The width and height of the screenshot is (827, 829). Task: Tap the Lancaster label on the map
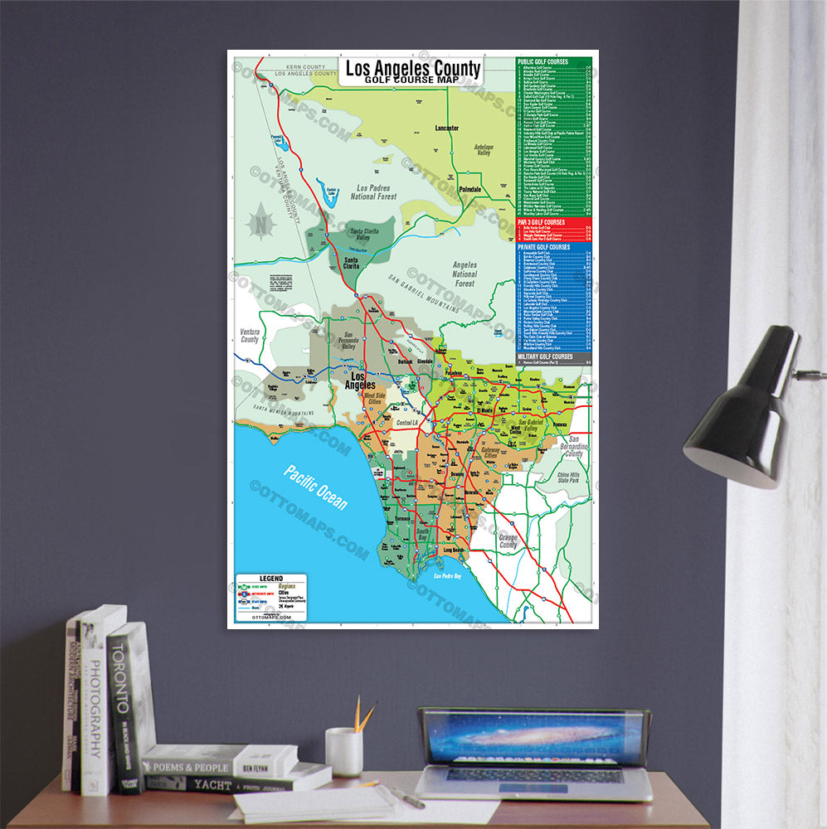pos(447,128)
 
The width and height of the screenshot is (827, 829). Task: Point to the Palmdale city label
pos(469,189)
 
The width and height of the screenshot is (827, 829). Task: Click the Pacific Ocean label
pos(315,488)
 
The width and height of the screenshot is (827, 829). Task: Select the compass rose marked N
pos(262,222)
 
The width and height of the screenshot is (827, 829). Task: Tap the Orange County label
pos(508,541)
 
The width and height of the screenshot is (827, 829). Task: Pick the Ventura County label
pos(250,335)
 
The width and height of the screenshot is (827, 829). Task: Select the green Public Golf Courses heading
pos(543,61)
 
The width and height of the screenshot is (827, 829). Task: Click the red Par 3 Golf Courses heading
pos(541,222)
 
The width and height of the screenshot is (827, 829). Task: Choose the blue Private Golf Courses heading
pos(543,247)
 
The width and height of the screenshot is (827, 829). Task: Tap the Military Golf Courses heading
pos(546,356)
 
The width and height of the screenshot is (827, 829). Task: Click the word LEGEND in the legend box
pos(271,578)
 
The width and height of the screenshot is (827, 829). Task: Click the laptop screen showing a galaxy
pos(533,737)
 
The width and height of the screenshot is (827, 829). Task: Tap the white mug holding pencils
pos(343,751)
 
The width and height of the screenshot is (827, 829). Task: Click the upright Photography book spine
pos(95,705)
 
